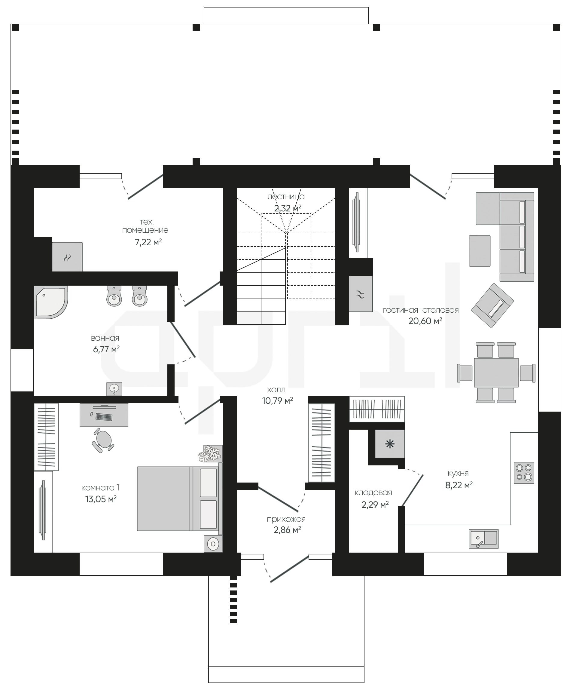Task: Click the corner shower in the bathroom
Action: coord(50,302)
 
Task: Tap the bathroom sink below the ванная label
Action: coord(114,389)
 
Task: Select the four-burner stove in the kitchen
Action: coord(524,473)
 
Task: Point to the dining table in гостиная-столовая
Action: coord(496,373)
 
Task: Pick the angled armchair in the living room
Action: coord(492,305)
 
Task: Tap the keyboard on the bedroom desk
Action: coord(104,417)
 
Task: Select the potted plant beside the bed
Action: coord(210,453)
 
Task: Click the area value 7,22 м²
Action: coord(148,242)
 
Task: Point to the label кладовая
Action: coord(373,493)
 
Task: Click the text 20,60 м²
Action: coord(425,321)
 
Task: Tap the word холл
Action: coord(276,390)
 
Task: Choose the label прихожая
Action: coord(286,519)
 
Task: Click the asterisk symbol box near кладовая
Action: coord(390,444)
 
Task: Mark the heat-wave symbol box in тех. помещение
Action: coord(67,257)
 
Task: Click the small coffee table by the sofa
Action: coord(480,251)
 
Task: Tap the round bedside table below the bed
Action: coord(213,544)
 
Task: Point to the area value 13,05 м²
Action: coord(101,499)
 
